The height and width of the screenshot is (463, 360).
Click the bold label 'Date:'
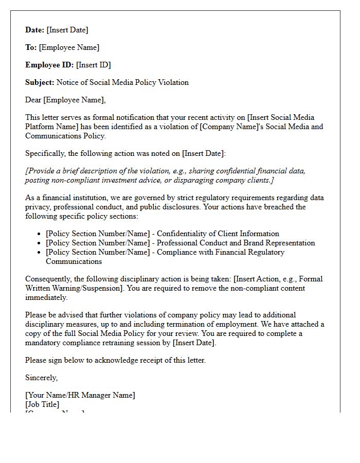35,30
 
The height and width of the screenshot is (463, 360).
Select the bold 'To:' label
31,47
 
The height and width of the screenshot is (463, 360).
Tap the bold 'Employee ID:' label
50,65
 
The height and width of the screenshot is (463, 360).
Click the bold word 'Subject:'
40,82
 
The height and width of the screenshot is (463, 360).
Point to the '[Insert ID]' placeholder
94,65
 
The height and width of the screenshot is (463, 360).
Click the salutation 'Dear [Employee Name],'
65,100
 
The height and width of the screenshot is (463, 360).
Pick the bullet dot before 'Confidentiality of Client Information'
40,234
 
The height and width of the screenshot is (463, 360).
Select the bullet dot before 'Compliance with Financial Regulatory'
40,253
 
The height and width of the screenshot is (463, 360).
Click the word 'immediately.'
46,297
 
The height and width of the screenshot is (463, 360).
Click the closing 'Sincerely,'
42,378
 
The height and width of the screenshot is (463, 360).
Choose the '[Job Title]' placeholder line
42,404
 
